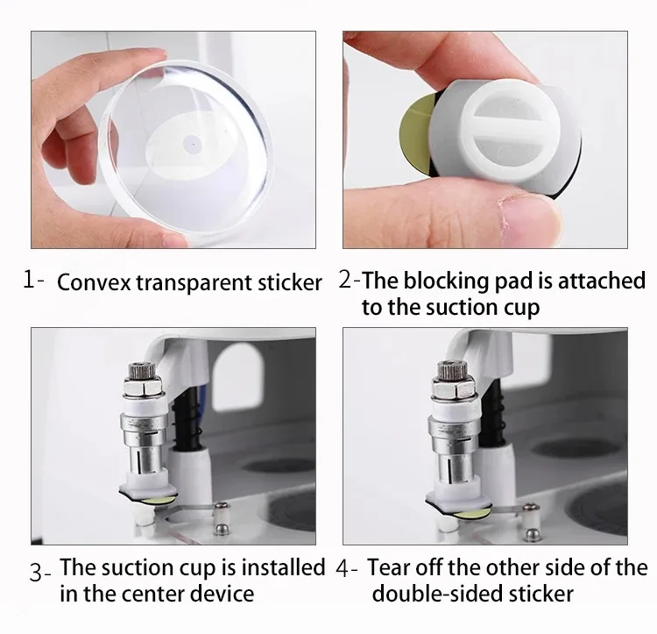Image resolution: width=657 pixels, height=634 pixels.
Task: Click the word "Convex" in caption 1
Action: coord(94,282)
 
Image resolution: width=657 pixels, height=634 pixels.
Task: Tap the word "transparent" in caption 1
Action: coord(194,283)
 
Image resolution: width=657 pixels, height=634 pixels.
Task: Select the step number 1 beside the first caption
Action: coord(29,280)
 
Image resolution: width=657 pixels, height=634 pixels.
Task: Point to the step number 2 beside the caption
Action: coord(345,279)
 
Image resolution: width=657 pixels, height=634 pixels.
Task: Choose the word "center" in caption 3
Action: coord(153,595)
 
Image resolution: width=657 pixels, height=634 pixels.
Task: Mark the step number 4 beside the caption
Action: coord(343,568)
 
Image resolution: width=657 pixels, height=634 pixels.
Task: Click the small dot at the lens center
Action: coord(194,145)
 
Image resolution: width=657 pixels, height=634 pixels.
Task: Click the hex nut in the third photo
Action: coord(143,386)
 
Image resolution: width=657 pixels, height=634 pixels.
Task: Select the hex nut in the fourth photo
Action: coord(454,386)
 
